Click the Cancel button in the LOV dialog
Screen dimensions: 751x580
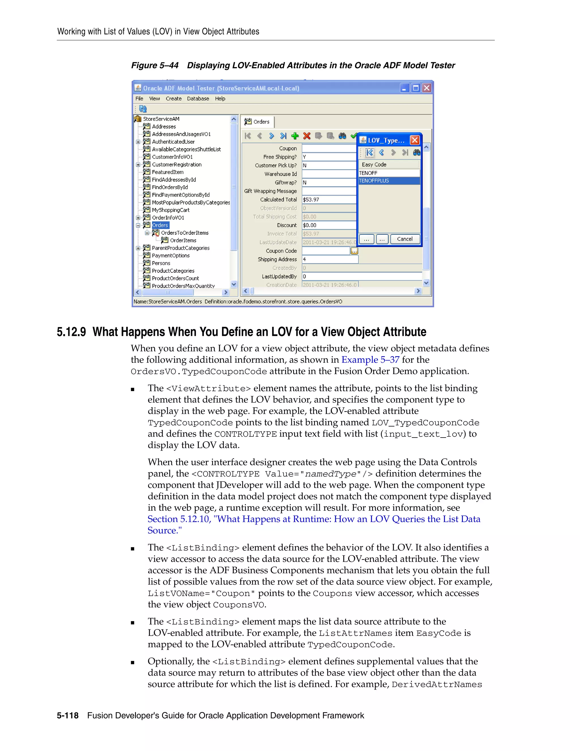pos(404,239)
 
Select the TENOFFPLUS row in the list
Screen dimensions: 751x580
pos(388,181)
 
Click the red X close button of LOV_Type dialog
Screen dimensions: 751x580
pos(415,140)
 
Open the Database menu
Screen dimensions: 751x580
pos(198,99)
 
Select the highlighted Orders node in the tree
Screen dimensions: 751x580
pos(160,225)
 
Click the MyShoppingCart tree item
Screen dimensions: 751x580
pos(170,210)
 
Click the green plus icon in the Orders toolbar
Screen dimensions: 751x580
pos(295,136)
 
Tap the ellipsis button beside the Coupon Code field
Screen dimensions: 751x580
pos(354,251)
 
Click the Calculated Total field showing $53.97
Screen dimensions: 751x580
pos(329,200)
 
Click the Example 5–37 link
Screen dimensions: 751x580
pos(370,360)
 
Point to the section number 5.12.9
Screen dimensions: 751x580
pos(71,332)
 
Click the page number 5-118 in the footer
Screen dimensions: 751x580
pos(68,716)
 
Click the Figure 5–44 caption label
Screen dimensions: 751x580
pos(155,65)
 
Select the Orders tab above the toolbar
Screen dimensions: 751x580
pos(257,122)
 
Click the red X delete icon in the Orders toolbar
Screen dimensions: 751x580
pos(307,136)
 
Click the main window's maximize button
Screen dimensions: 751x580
pos(415,88)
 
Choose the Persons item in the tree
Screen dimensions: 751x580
pos(161,263)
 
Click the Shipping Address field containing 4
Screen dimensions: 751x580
pos(329,259)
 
